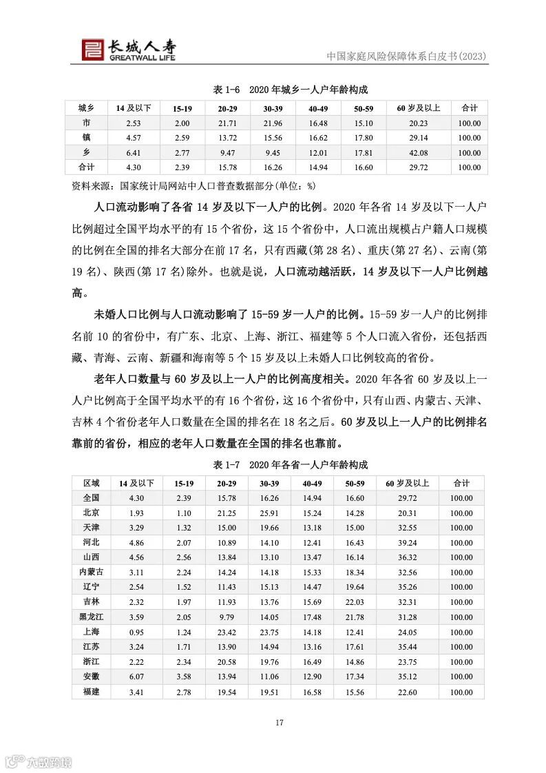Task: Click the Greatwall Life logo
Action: click(127, 48)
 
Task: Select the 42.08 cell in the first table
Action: click(418, 153)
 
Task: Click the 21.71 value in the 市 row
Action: click(227, 123)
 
